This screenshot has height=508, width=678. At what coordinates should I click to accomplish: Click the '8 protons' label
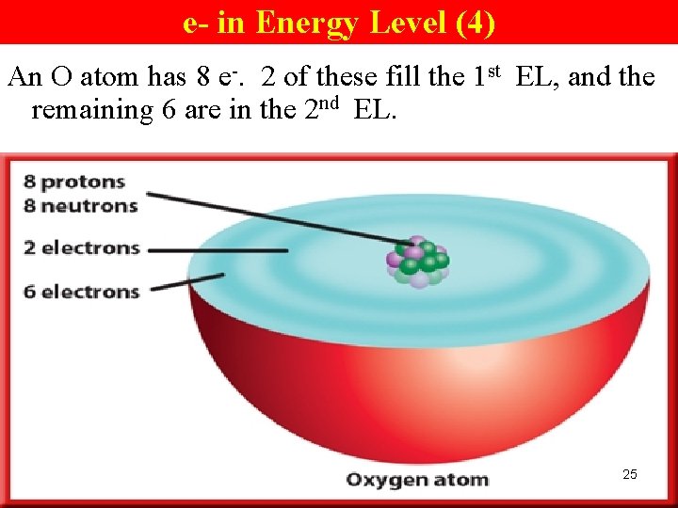[74, 181]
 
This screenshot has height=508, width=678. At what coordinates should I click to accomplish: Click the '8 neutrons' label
[81, 204]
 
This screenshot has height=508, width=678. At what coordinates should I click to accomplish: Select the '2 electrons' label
[82, 248]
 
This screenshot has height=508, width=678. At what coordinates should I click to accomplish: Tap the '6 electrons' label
[82, 292]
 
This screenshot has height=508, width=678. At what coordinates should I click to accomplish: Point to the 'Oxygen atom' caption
[417, 480]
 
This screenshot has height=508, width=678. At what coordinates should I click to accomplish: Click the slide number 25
[630, 474]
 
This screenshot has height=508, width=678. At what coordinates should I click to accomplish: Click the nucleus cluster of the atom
[417, 261]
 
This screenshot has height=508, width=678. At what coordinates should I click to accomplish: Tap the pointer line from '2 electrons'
[217, 250]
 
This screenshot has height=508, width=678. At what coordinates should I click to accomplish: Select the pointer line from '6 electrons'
[188, 281]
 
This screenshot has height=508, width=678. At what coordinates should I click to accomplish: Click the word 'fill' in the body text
[403, 76]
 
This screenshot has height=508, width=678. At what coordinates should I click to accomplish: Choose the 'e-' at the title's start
[196, 22]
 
